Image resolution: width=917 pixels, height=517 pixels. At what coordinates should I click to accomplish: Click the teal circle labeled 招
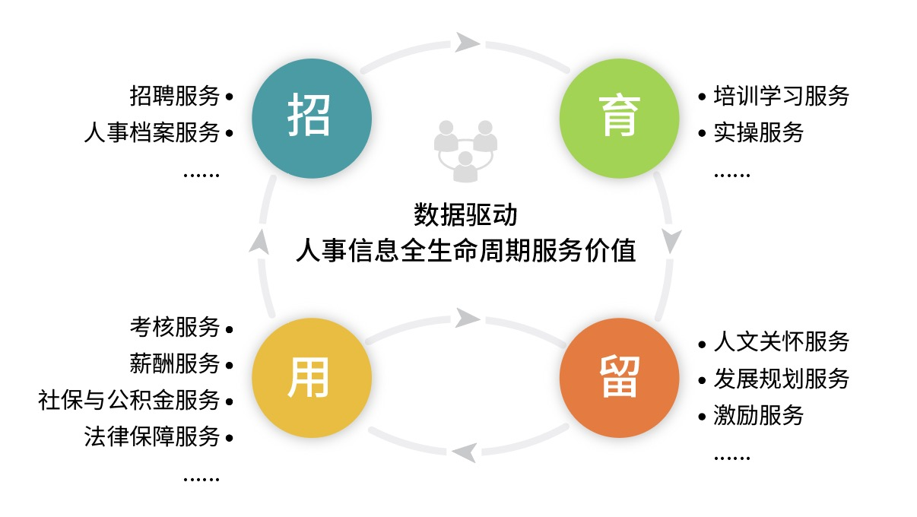pyautogui.click(x=312, y=118)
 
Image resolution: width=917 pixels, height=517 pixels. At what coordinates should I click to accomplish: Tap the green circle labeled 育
pyautogui.click(x=620, y=118)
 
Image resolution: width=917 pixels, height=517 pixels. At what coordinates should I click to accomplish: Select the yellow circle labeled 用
pyautogui.click(x=312, y=377)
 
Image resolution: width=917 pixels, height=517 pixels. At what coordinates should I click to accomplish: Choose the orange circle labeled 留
pyautogui.click(x=620, y=377)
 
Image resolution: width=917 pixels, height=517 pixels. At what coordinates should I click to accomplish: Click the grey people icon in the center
pyautogui.click(x=465, y=151)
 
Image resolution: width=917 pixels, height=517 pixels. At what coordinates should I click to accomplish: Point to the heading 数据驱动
pyautogui.click(x=465, y=214)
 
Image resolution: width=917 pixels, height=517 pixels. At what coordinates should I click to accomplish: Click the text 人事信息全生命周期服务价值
pyautogui.click(x=465, y=250)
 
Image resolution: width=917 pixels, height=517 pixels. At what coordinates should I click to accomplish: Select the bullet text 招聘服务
pyautogui.click(x=175, y=97)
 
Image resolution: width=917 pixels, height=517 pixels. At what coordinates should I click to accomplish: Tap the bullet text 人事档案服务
pyautogui.click(x=152, y=132)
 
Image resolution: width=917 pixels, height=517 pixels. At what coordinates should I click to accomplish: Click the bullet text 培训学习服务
pyautogui.click(x=781, y=97)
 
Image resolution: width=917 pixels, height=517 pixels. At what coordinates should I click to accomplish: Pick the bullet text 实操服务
pyautogui.click(x=759, y=132)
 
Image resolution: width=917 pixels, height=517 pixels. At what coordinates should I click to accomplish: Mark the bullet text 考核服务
pyautogui.click(x=175, y=328)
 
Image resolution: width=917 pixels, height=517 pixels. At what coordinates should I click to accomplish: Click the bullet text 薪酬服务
pyautogui.click(x=175, y=363)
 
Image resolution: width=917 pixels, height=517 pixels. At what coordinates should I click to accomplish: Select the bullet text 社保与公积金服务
pyautogui.click(x=129, y=400)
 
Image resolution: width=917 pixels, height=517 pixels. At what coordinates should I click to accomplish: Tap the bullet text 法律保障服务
pyautogui.click(x=152, y=436)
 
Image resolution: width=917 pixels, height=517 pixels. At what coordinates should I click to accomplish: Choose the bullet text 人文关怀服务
pyautogui.click(x=781, y=342)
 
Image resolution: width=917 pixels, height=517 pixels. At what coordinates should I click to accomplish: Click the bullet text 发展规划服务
pyautogui.click(x=781, y=379)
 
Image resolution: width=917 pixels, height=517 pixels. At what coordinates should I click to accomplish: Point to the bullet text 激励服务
pyautogui.click(x=759, y=415)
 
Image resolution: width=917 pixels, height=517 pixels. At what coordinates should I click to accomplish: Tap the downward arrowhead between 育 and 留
pyautogui.click(x=671, y=241)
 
